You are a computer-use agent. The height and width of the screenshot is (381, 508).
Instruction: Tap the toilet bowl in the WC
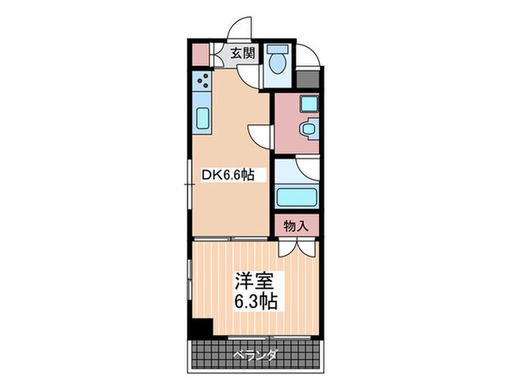pyautogui.click(x=277, y=65)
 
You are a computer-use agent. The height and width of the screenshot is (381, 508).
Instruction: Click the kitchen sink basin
pyautogui.click(x=202, y=118)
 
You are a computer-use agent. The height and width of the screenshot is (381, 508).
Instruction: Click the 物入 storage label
pyautogui.click(x=295, y=226)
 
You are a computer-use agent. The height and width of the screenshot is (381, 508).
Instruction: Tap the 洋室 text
pyautogui.click(x=251, y=279)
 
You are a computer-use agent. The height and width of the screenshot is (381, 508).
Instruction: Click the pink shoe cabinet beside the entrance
pyautogui.click(x=198, y=52)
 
